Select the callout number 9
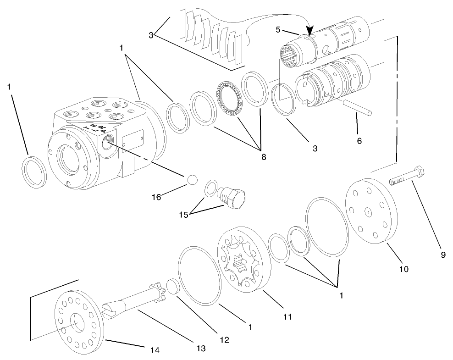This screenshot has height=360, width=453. (443, 255)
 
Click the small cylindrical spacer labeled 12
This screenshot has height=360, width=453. (172, 286)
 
